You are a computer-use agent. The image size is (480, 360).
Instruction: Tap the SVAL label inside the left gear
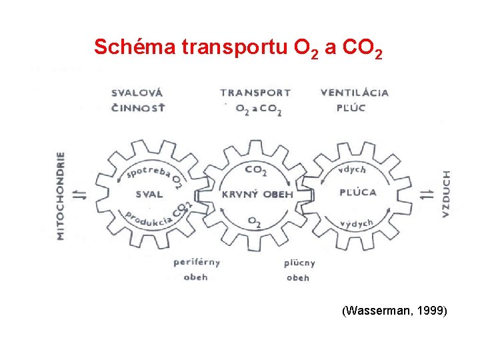pos(149,195)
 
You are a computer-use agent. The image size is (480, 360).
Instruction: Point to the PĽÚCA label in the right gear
pos(358,193)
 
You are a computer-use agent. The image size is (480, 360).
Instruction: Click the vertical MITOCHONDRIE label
pos(61,195)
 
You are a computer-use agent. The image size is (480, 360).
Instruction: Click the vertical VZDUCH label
pos(446,193)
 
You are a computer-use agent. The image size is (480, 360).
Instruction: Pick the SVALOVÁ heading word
pos(137,93)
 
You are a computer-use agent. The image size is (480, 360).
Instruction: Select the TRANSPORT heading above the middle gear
pos(255,93)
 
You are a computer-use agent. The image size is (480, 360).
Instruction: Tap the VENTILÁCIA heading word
pos(354,93)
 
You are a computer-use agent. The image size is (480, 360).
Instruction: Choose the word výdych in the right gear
pos(356,223)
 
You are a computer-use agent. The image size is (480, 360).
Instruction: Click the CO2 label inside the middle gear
pos(256,171)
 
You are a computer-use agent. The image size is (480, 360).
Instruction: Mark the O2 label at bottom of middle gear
pos(255,220)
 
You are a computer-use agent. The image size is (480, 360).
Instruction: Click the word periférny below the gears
pos(196,262)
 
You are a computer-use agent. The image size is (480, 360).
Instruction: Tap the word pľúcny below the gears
pos(299,263)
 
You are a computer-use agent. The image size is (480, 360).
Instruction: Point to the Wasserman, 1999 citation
pos(394,311)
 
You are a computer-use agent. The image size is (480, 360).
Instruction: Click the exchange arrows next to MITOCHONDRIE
pos(79,195)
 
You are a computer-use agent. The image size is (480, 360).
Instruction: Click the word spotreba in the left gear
pos(148,171)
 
